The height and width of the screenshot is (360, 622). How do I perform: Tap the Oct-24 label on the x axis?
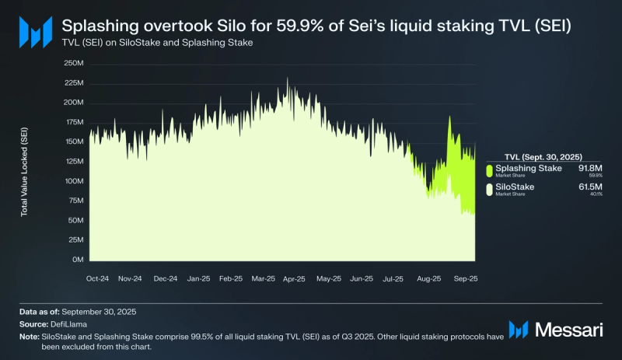tap(97, 278)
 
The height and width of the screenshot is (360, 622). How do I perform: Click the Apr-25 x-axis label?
tap(294, 278)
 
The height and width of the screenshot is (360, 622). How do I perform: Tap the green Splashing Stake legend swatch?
tap(489, 170)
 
